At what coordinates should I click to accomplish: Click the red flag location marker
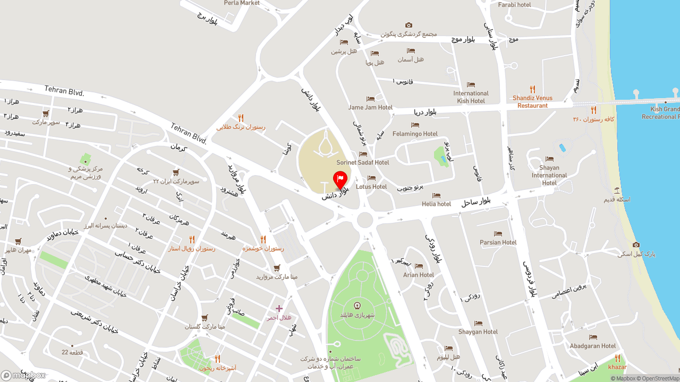pos(340,179)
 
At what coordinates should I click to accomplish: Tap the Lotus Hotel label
pos(371,186)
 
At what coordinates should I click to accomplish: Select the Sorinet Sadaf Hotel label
pos(363,162)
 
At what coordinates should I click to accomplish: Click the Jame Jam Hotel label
pos(370,107)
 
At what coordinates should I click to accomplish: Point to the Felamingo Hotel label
pos(415,134)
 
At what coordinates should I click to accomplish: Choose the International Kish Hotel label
pos(471,97)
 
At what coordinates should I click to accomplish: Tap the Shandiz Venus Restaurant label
pos(532,101)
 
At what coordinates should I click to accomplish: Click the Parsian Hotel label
pos(498,242)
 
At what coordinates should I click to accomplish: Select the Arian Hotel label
pos(419,275)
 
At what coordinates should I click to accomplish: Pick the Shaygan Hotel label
pos(478,332)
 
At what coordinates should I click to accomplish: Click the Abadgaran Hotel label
pos(593,346)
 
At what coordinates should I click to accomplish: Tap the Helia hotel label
pos(436,204)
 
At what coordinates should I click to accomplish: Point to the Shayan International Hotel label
pos(549,175)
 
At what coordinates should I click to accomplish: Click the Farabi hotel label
pos(514,5)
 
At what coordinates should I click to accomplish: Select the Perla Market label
pos(242,3)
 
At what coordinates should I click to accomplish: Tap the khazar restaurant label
pos(617,367)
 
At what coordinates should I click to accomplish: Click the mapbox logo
pos(23,375)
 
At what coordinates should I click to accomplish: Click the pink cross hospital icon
pos(279,308)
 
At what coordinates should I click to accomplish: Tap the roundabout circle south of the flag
pos(365,219)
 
